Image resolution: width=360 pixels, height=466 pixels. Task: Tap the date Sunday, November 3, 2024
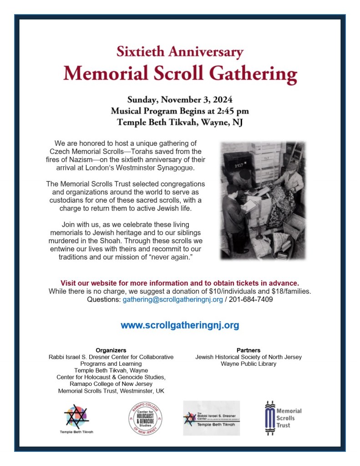(180, 99)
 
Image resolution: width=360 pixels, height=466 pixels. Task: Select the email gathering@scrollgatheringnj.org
(172, 300)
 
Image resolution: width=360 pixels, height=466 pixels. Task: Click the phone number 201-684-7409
(251, 300)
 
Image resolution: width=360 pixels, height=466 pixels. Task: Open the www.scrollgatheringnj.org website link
(180, 325)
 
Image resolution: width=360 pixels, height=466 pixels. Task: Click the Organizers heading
(111, 350)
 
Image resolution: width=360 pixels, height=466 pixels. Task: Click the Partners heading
(248, 350)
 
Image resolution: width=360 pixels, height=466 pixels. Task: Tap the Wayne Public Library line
(248, 364)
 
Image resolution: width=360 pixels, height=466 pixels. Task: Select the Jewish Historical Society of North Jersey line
(248, 357)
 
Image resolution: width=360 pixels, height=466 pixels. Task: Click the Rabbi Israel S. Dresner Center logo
(212, 418)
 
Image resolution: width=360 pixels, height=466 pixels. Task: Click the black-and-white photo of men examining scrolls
(263, 200)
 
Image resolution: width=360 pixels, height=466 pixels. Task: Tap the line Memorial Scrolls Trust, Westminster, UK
(111, 391)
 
